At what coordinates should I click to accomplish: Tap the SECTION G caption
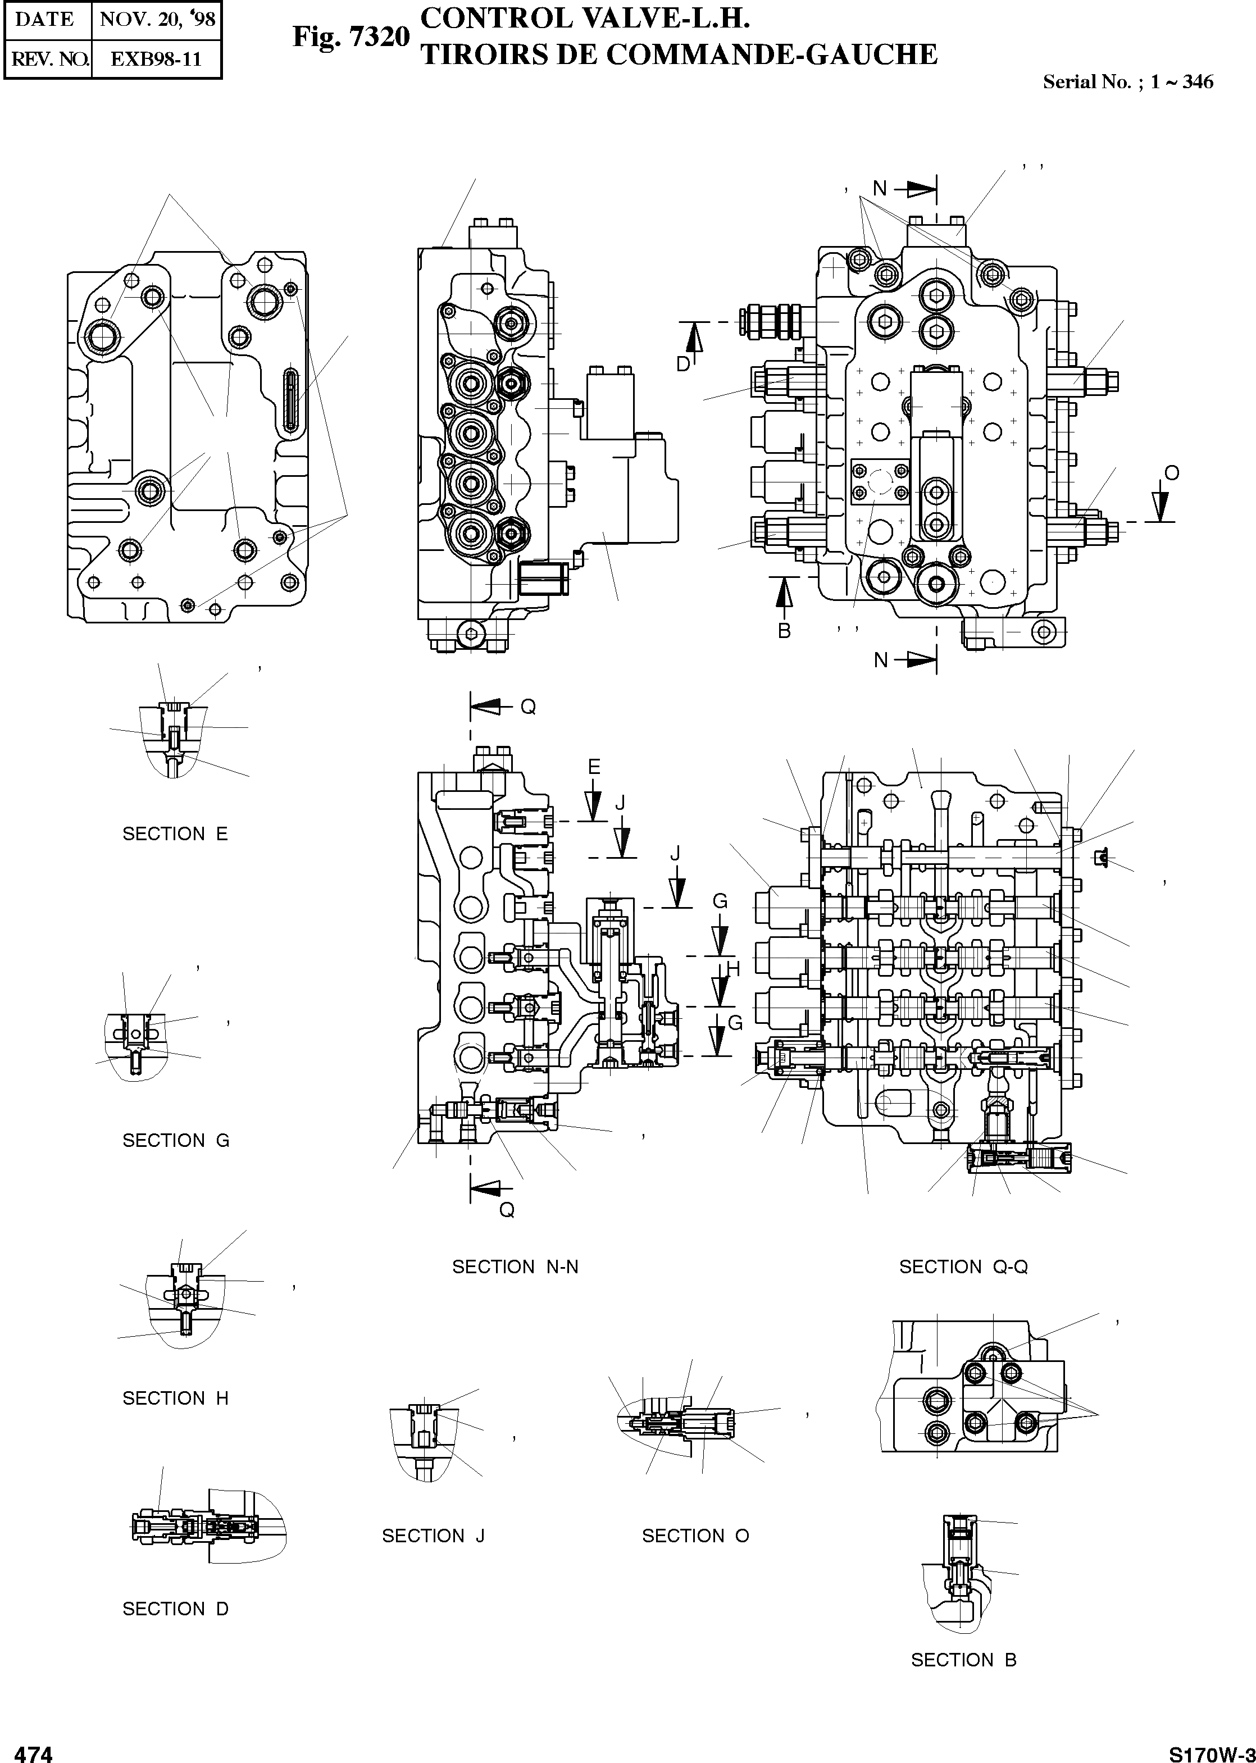click(x=176, y=1141)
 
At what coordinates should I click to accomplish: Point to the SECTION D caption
click(x=175, y=1609)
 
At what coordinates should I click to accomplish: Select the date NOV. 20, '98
click(x=157, y=19)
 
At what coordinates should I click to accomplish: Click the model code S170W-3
click(x=1211, y=1749)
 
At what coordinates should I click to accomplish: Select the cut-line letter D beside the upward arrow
click(x=684, y=363)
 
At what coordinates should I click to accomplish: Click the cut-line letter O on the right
click(x=1172, y=473)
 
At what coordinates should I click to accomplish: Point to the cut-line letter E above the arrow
click(x=594, y=766)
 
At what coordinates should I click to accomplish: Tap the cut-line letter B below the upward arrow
click(x=784, y=631)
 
